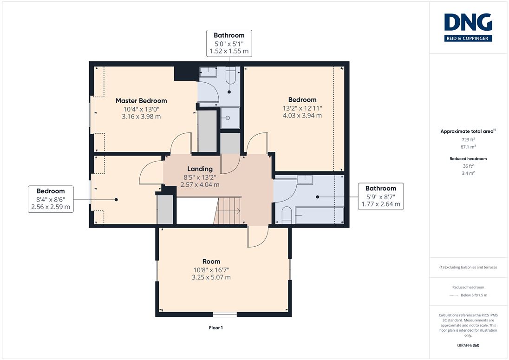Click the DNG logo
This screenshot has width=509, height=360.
(468, 27)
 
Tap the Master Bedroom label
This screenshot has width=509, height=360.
(141, 101)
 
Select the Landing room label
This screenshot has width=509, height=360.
(200, 169)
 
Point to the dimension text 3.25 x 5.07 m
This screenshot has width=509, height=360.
(211, 277)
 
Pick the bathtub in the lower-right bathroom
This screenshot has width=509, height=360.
(320, 215)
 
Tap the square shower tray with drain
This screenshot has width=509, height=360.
(230, 118)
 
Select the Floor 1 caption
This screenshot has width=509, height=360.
(216, 328)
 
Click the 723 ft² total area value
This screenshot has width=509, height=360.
(468, 139)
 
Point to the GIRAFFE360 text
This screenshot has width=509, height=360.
(468, 346)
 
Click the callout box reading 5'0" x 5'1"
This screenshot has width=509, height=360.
(229, 43)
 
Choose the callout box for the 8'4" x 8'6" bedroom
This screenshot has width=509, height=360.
(51, 199)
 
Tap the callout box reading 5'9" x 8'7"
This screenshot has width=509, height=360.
(381, 196)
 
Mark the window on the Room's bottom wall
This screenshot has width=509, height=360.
(225, 314)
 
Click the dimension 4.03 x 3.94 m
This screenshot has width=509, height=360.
(302, 116)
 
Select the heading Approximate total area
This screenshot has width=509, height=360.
(467, 131)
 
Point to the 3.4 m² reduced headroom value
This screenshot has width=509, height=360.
(468, 173)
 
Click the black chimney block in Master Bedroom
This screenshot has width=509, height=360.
(186, 74)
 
